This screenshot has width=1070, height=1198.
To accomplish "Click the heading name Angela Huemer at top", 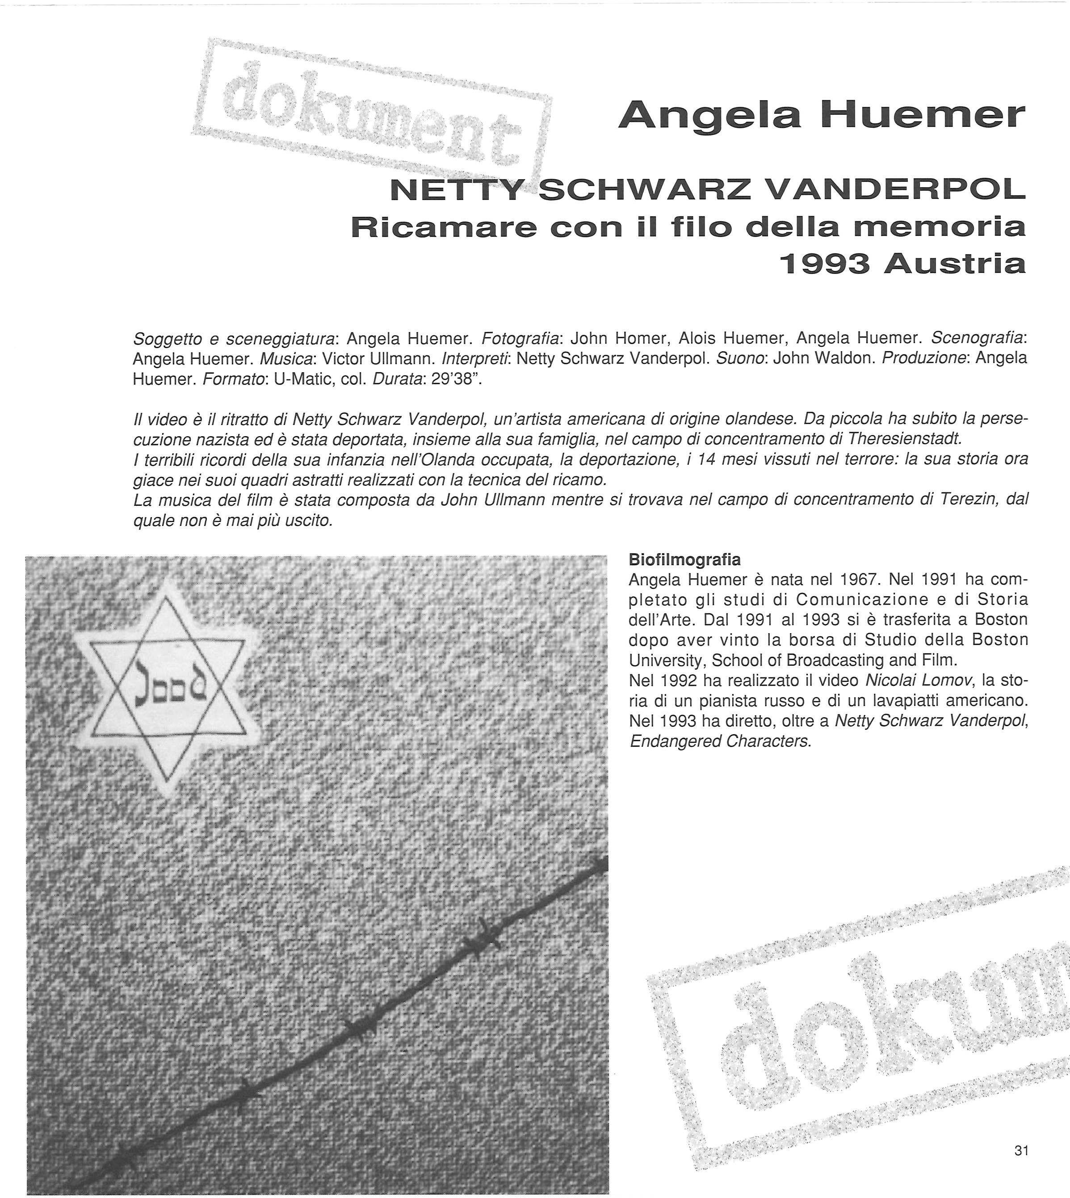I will (822, 115).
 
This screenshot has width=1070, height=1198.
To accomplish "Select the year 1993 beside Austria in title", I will (824, 264).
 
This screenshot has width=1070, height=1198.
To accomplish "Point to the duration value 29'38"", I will (456, 379).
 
